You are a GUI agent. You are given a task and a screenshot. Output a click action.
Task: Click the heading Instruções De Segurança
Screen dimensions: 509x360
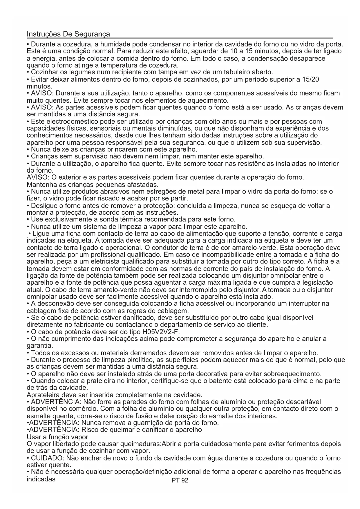(68, 34)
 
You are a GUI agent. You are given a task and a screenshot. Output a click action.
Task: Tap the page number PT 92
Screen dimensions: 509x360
(180, 480)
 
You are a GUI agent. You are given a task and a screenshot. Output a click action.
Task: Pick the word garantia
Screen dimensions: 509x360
(40, 346)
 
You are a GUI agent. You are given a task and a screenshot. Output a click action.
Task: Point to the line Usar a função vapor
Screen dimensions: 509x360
(57, 437)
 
